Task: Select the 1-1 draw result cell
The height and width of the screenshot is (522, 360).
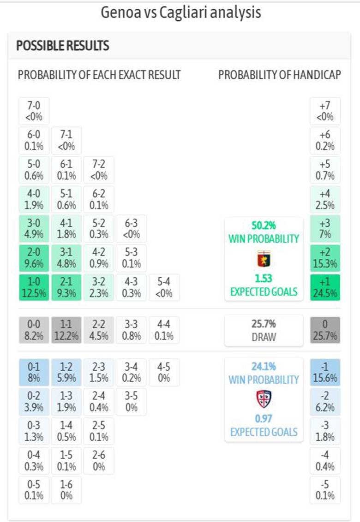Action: point(66,330)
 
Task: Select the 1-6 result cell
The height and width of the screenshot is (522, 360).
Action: point(66,490)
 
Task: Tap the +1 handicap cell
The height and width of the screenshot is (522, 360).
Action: point(325,287)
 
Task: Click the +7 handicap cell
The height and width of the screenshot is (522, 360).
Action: point(325,111)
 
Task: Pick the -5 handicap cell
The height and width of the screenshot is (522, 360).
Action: point(325,490)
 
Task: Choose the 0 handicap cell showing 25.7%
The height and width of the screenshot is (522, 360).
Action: point(325,330)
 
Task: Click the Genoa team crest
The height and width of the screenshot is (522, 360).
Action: point(264,259)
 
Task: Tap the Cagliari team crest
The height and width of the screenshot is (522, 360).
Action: point(264,399)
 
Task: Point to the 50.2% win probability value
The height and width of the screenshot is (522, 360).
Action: point(264,226)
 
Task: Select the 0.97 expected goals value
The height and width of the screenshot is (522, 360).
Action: point(264,419)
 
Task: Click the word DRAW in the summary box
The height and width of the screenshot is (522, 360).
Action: point(264,337)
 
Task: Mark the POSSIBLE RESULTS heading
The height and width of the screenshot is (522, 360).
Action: point(63,46)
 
